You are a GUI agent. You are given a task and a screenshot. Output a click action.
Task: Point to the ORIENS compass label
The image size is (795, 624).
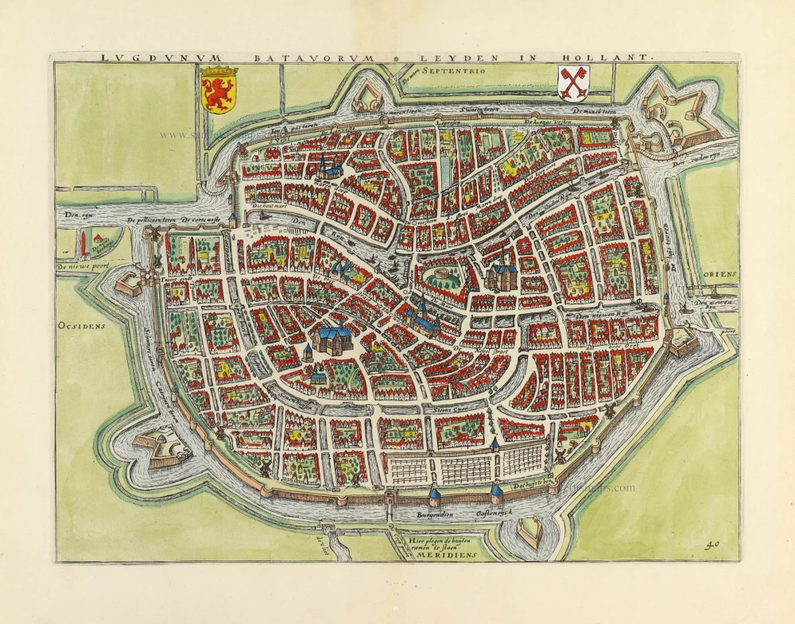point(720,273)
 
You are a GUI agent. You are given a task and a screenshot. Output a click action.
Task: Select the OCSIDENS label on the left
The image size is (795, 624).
point(81,325)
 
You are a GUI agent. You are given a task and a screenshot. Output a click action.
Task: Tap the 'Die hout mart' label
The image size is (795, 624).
point(267,205)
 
